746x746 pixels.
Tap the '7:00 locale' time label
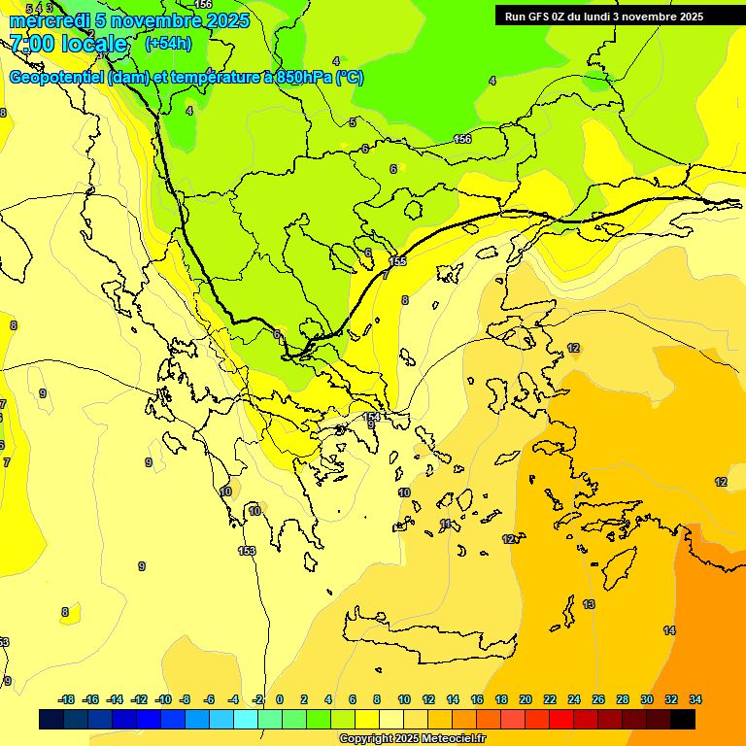[68, 44]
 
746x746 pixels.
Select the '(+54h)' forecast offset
[168, 44]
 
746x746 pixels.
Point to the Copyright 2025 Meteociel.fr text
[412, 739]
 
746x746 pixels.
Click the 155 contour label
[397, 261]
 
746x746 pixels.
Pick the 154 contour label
[371, 417]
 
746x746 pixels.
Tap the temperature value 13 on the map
[589, 604]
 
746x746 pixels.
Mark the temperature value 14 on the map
[669, 630]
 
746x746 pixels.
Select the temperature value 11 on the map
[446, 524]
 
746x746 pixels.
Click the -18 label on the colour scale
[66, 699]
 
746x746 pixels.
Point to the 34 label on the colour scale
[695, 699]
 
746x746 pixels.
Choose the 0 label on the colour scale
[280, 699]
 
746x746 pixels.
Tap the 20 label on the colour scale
[526, 699]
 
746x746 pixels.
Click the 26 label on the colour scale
[598, 699]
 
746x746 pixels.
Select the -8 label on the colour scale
[185, 699]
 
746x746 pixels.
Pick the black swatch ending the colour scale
[683, 720]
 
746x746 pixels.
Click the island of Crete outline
[427, 637]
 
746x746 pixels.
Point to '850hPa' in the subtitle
[302, 78]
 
